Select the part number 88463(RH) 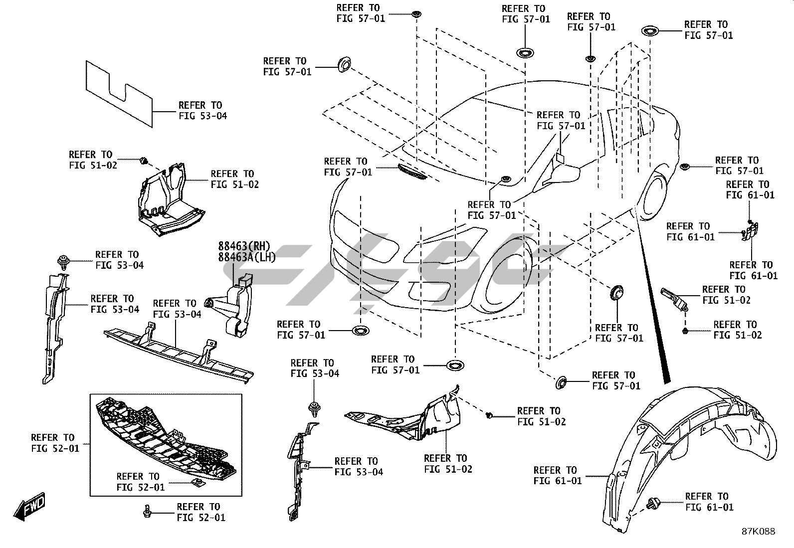coord(243,246)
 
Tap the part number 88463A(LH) coord(246,256)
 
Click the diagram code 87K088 coord(758,532)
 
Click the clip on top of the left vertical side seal coord(63,260)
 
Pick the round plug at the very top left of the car coord(342,63)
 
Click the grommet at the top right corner coord(650,30)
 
